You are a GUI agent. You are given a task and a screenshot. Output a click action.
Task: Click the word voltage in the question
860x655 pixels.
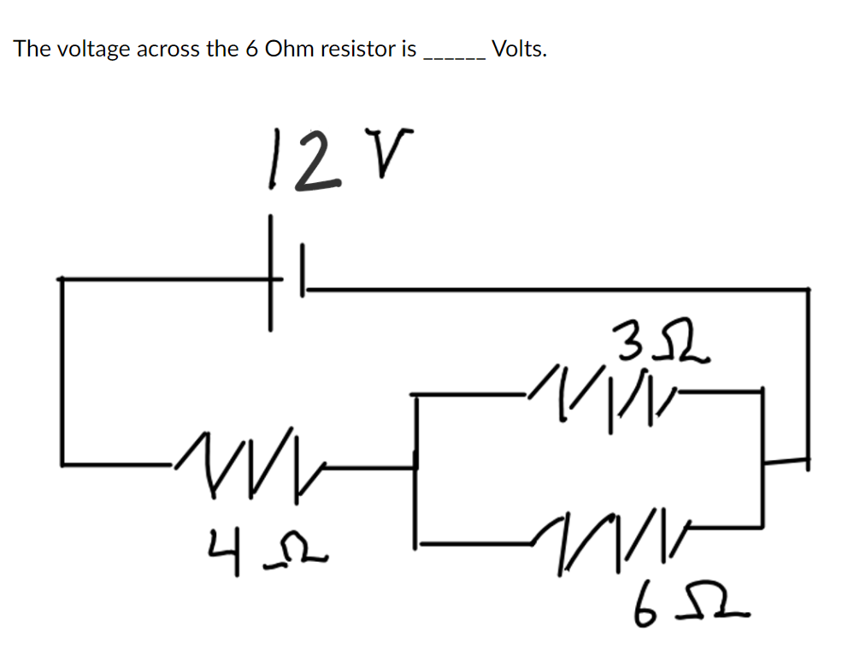[x=93, y=49]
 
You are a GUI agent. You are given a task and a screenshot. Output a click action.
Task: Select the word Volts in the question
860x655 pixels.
[x=520, y=49]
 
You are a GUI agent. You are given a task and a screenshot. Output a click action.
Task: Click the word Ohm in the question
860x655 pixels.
[x=289, y=49]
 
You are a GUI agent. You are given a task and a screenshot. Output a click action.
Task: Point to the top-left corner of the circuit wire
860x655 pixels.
[x=62, y=278]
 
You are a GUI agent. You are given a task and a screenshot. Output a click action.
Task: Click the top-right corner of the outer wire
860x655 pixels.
[x=808, y=290]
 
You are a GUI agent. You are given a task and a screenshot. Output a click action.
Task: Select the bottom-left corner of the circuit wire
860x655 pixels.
[x=62, y=464]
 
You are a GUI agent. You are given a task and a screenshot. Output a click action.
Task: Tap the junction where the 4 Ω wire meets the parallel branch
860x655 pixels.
[x=416, y=467]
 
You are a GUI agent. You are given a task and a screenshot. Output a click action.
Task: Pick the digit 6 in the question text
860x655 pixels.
[x=251, y=49]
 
